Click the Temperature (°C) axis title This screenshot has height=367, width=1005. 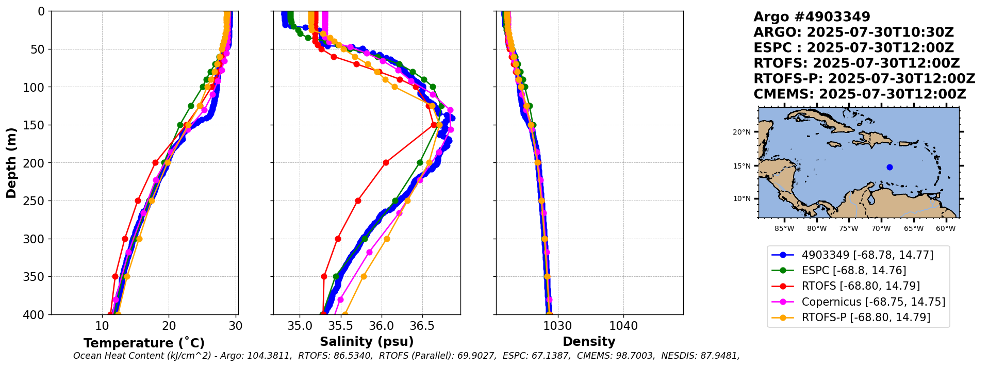[144, 343]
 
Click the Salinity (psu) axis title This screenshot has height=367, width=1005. [367, 342]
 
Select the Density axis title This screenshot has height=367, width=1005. [589, 342]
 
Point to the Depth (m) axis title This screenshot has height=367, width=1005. [11, 163]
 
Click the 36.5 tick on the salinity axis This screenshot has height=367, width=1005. [422, 326]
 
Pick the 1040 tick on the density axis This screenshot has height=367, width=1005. [623, 326]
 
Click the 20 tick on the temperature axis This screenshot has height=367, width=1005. [169, 326]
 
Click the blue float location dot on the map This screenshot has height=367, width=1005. [889, 167]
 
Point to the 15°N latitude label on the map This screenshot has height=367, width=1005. [742, 166]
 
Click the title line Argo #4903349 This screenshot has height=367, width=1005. [812, 17]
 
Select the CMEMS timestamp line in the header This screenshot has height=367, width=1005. [860, 94]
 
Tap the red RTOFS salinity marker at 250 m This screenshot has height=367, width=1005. [358, 201]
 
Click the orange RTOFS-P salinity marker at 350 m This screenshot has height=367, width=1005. [364, 276]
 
